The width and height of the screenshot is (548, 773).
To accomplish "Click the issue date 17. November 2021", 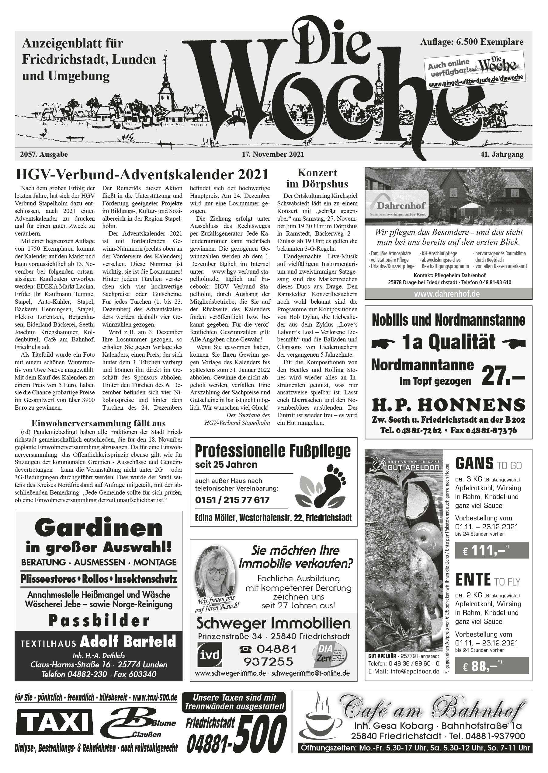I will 273,154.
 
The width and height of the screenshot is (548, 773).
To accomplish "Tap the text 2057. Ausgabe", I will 44,154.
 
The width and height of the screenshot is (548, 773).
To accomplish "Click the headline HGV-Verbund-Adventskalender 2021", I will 142,175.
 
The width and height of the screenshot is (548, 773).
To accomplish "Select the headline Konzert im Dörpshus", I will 317,179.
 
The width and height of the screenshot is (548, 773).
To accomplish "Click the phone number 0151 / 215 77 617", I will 233,500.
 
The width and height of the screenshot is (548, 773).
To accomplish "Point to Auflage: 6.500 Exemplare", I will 472,42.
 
